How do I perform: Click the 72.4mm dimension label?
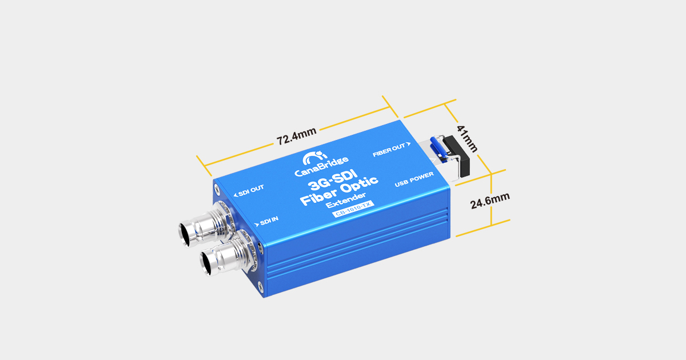[x=296, y=137]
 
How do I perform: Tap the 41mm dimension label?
[x=468, y=139]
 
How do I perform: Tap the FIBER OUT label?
[x=389, y=150]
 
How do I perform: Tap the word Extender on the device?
[x=345, y=204]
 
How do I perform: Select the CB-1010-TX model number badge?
[x=352, y=213]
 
